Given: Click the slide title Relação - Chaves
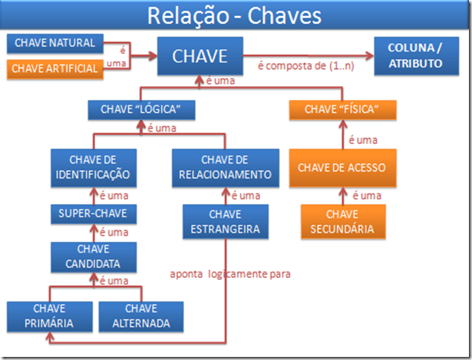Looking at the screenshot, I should pos(235,15).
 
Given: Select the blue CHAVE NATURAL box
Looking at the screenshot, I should pos(54,43).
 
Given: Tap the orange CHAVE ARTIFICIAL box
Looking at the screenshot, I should pos(54,68).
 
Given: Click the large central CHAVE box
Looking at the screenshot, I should pos(200,56).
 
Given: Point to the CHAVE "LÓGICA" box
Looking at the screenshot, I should pos(140,110).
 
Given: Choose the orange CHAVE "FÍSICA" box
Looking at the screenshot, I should pos(344,110).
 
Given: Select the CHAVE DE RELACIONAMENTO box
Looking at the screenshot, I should pos(226,167).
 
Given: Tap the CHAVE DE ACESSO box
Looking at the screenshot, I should pos(342,168).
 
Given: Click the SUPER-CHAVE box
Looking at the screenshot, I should pos(93,213).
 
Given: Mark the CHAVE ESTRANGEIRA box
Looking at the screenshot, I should pos(226,221).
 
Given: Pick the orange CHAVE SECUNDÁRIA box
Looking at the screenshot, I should pos(342,221).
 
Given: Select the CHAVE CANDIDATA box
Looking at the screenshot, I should pos(93,257).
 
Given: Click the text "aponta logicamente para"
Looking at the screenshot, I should pos(230,273).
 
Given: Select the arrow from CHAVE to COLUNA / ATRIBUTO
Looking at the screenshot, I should pos(307,55).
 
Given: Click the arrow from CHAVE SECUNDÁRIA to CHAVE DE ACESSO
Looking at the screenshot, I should pos(342,196).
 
